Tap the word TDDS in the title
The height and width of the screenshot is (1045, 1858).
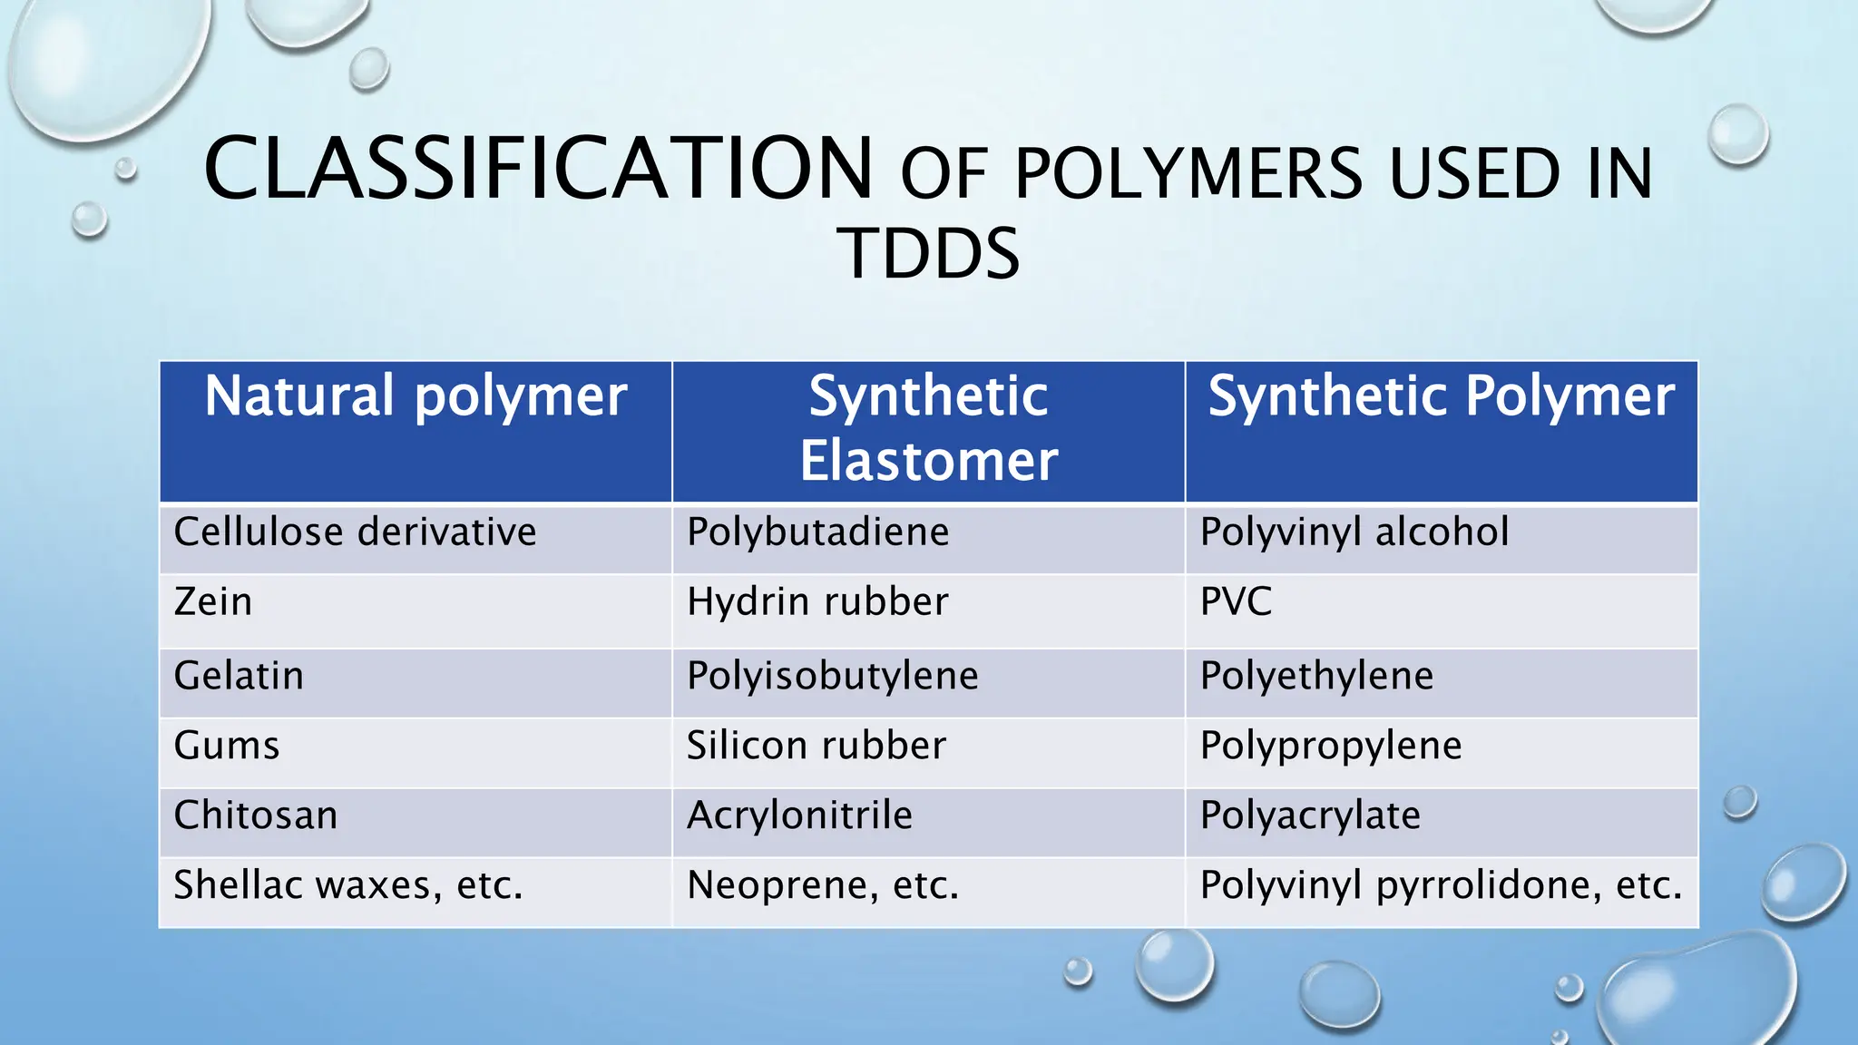point(928,254)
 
